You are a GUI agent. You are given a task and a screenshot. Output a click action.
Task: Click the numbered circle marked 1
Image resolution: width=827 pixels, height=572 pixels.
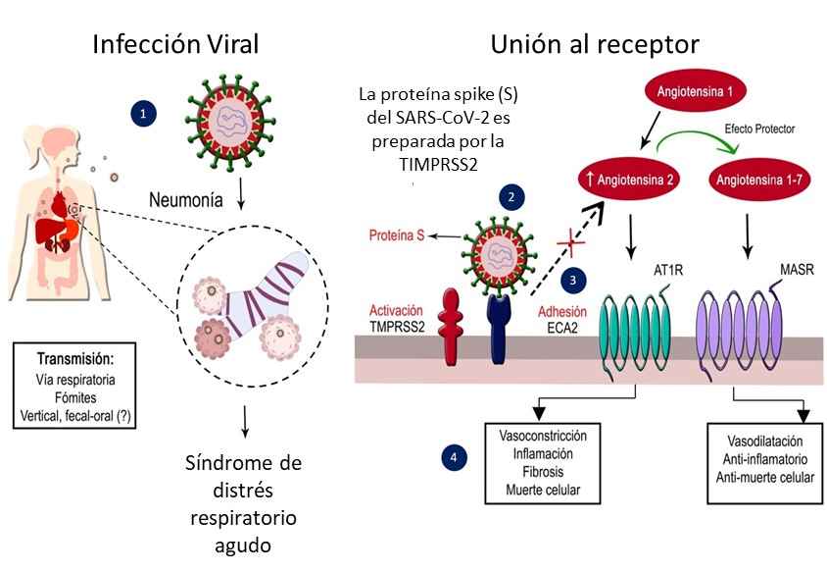click(144, 114)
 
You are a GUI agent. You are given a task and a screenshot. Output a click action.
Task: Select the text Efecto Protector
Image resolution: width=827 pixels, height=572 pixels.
click(759, 129)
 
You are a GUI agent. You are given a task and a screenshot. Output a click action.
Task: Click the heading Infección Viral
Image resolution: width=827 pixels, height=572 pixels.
click(176, 45)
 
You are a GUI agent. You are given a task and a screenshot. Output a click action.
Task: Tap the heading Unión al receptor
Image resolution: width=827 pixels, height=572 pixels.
click(596, 45)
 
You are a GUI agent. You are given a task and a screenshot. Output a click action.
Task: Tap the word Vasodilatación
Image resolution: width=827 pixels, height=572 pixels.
click(764, 442)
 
